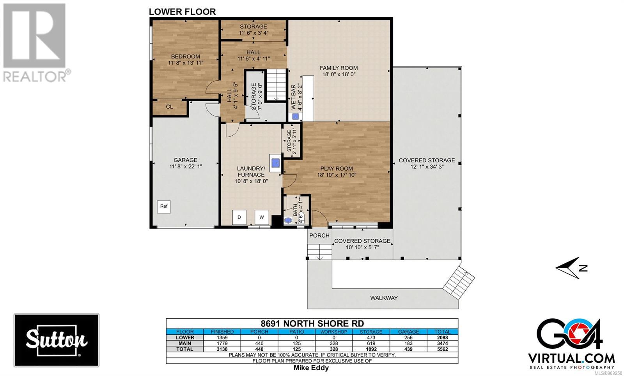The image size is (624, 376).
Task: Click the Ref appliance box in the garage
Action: point(163,207)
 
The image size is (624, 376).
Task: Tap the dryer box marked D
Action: point(239,217)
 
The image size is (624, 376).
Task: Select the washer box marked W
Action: point(262,217)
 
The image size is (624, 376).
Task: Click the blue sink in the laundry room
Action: point(275,163)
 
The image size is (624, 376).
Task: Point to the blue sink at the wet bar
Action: point(295,117)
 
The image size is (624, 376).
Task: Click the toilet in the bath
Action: point(288,221)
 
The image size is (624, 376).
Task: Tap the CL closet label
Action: point(169,107)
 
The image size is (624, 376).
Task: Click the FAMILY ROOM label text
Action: point(339,68)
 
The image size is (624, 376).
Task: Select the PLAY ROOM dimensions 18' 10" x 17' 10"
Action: point(337,175)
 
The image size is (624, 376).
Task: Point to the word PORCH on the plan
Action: point(319,235)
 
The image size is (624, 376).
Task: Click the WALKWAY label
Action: point(384,298)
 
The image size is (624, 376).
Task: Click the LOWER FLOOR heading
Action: point(182,12)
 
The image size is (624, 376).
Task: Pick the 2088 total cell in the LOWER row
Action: point(442,337)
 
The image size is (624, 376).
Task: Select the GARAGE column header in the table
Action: point(408,332)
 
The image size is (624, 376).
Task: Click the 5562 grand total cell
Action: point(442,349)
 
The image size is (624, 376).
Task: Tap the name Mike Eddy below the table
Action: point(311,368)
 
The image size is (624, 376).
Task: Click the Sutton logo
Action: point(57,340)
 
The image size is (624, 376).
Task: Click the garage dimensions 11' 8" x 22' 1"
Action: point(186,167)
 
